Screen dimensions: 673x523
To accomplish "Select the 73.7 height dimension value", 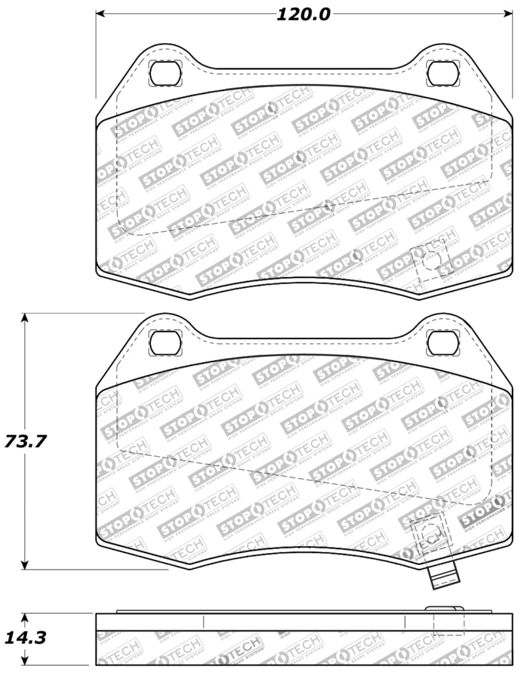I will coord(25,441).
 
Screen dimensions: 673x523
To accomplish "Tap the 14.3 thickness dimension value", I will coord(25,637).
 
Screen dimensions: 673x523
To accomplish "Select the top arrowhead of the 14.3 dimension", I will coord(25,617).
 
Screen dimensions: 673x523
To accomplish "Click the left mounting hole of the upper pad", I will coord(163,73).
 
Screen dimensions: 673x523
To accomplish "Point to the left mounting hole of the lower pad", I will coord(163,341).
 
